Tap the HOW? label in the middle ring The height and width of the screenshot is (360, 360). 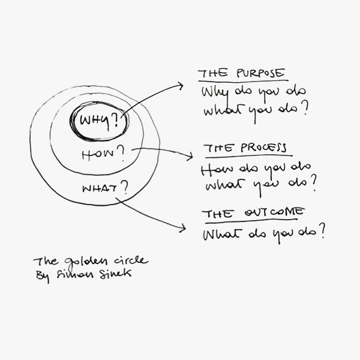tap(103, 155)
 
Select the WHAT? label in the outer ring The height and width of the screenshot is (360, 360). tap(104, 189)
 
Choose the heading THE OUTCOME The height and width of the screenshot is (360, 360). tap(253, 214)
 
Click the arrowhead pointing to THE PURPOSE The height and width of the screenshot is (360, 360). tap(180, 86)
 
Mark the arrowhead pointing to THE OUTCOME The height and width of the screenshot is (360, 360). tap(181, 228)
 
